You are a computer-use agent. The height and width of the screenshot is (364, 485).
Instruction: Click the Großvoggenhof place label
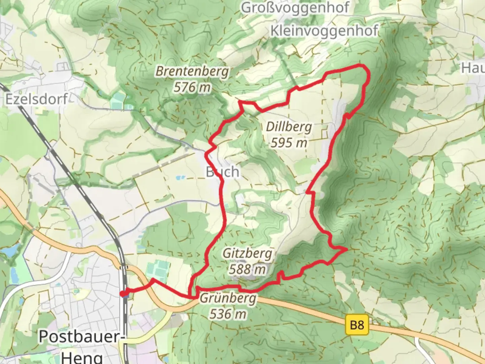click(x=295, y=7)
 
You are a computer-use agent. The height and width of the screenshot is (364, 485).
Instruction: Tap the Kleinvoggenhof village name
click(x=324, y=31)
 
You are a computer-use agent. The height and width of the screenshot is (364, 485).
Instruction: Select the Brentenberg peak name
click(x=192, y=71)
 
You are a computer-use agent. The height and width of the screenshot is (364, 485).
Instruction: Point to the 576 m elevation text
click(x=192, y=88)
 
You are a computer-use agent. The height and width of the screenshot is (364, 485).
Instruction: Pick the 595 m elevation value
click(x=289, y=143)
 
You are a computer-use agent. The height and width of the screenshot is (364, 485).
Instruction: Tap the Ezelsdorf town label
click(x=36, y=99)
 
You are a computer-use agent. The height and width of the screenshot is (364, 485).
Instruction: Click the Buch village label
click(x=223, y=172)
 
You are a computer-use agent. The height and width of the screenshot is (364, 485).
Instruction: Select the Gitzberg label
click(x=247, y=253)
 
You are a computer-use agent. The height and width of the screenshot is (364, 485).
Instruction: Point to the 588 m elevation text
click(x=247, y=269)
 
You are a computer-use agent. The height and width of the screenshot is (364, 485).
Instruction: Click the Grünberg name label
click(x=228, y=299)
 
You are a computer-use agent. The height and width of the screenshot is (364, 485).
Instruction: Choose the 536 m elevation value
click(x=228, y=314)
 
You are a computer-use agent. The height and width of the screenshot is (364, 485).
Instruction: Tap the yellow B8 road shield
click(x=357, y=325)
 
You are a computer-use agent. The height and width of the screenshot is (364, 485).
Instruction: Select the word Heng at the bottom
click(x=82, y=357)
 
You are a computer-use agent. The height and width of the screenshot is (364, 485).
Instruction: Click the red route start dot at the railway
click(x=123, y=294)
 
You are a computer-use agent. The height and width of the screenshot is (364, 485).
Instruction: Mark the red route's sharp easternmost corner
click(x=346, y=249)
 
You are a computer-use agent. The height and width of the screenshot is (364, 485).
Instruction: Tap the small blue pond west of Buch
click(x=181, y=177)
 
